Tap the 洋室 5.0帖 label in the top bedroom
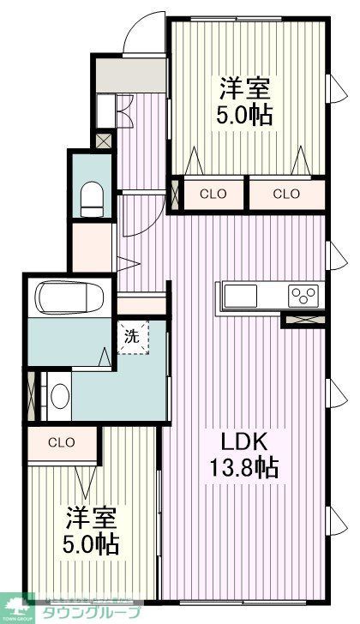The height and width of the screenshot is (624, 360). (x=246, y=102)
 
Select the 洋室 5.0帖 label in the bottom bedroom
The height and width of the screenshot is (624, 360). (x=91, y=531)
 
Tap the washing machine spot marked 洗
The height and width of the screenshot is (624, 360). (x=132, y=336)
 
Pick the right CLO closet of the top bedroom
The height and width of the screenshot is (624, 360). (x=286, y=194)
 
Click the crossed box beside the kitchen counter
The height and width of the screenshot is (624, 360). (x=303, y=321)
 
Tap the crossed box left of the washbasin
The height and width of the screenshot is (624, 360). (x=34, y=395)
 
